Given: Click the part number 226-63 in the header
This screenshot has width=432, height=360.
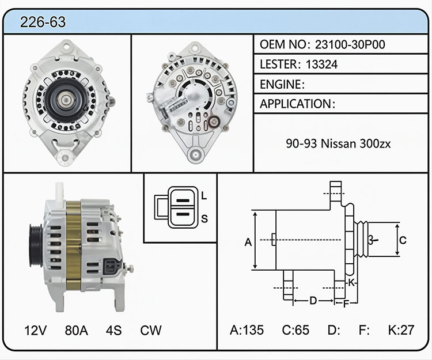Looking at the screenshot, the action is coord(43,22).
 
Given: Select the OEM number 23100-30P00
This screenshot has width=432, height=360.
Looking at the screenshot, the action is coord(350,44).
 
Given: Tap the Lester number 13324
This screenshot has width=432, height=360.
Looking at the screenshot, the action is coord(321,65).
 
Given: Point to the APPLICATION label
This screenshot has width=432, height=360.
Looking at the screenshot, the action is coord(295,104).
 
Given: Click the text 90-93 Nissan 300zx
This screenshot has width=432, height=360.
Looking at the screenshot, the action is coord(338,143).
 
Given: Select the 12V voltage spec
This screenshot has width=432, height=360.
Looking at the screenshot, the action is coord(35,330).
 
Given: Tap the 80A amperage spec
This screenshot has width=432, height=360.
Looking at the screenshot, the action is coord(76,330).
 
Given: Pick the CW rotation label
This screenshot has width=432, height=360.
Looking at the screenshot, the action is coord(151,330).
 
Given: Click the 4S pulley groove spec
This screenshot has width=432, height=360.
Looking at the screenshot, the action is coord(113,330).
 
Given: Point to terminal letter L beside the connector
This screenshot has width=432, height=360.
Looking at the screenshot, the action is coord(204,196).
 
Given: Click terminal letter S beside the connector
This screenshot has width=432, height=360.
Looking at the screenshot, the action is coord(204,219).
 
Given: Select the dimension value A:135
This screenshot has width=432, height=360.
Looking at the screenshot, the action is coord(247,329).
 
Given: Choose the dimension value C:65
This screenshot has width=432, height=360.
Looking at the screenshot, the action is coord(295,329).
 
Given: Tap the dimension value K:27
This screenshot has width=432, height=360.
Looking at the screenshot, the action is coord(401,329).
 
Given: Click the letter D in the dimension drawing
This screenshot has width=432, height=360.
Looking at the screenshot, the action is coord(313,301).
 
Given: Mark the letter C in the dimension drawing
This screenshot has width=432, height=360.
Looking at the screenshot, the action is coord(403,240).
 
